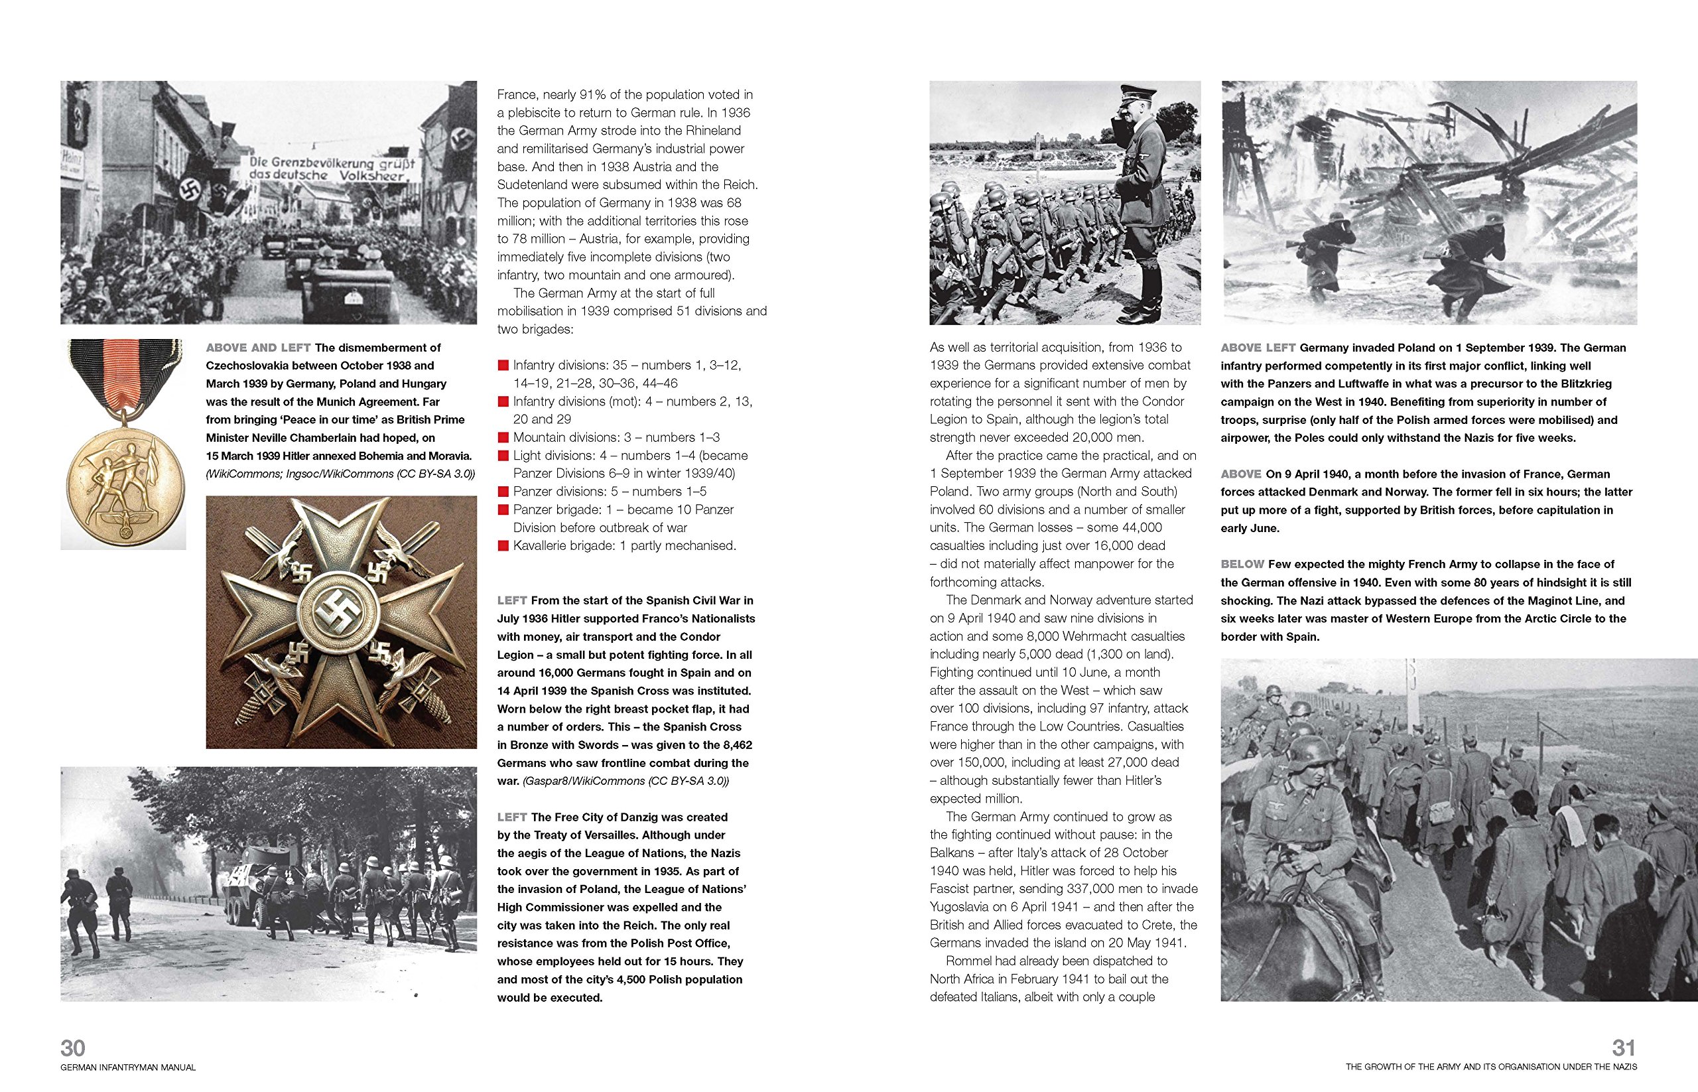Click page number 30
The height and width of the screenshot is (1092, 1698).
(x=73, y=1048)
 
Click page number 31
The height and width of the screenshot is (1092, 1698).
(x=1624, y=1048)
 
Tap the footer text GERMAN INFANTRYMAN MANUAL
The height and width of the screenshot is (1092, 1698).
(x=127, y=1067)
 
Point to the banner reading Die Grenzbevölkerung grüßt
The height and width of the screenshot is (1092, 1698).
(x=330, y=169)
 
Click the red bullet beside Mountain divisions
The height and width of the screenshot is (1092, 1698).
(x=503, y=437)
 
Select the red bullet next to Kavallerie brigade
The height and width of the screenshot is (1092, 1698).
(x=503, y=546)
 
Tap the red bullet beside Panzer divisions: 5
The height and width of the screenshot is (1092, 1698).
(x=503, y=492)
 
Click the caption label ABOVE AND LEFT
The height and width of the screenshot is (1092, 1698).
(x=258, y=348)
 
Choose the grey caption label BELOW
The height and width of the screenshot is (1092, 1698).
(x=1242, y=565)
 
